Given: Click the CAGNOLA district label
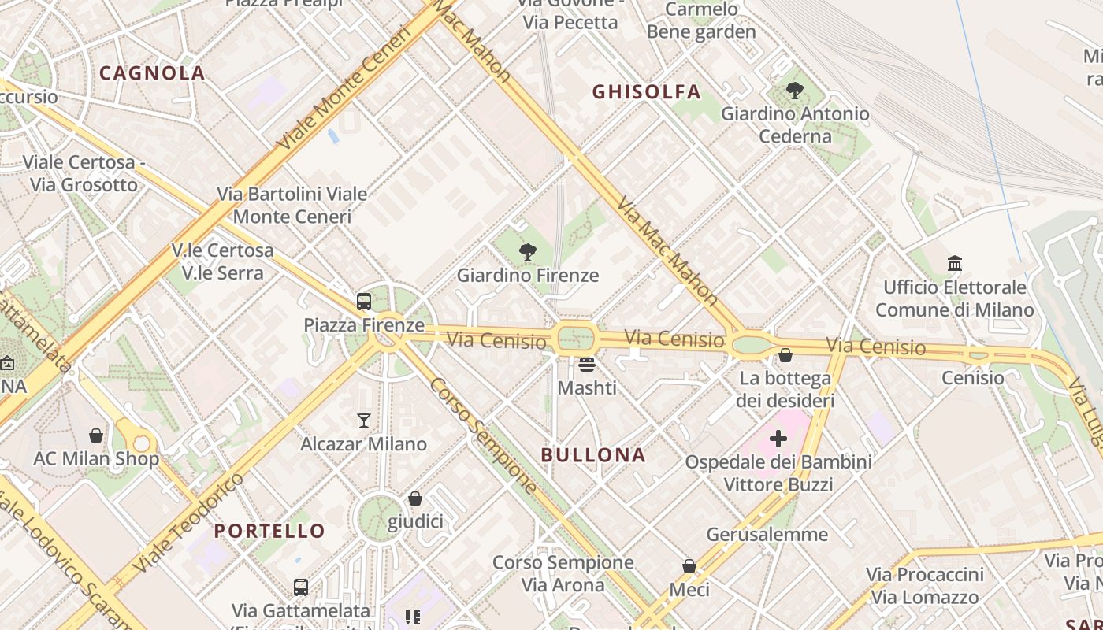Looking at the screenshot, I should pos(152,73).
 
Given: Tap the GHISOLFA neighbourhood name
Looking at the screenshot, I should pos(646,92).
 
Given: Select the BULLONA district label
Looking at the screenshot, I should pos(593,455).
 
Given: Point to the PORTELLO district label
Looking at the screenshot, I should pos(269,531).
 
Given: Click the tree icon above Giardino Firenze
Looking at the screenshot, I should pos(528,252).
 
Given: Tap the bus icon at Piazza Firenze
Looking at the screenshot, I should pos(364,302).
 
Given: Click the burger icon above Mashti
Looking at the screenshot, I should pos(587,365).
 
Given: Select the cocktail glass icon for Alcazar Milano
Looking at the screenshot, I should pos(364,421).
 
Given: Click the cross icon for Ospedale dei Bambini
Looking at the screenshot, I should pos(778,439).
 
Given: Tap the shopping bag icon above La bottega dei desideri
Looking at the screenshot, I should pos(785,355).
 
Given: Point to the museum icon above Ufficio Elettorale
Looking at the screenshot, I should pos(955,263).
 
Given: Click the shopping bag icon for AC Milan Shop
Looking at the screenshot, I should pos(96,435).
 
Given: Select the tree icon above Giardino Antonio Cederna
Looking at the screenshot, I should pos(795,91).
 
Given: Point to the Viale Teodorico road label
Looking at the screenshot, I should pos(189,524).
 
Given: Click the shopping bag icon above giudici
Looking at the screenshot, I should pos(415,498).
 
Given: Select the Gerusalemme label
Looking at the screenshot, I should pos(767,535).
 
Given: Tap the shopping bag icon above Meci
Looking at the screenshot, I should pos(689,566).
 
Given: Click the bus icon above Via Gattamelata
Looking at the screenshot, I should pos(301,587).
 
